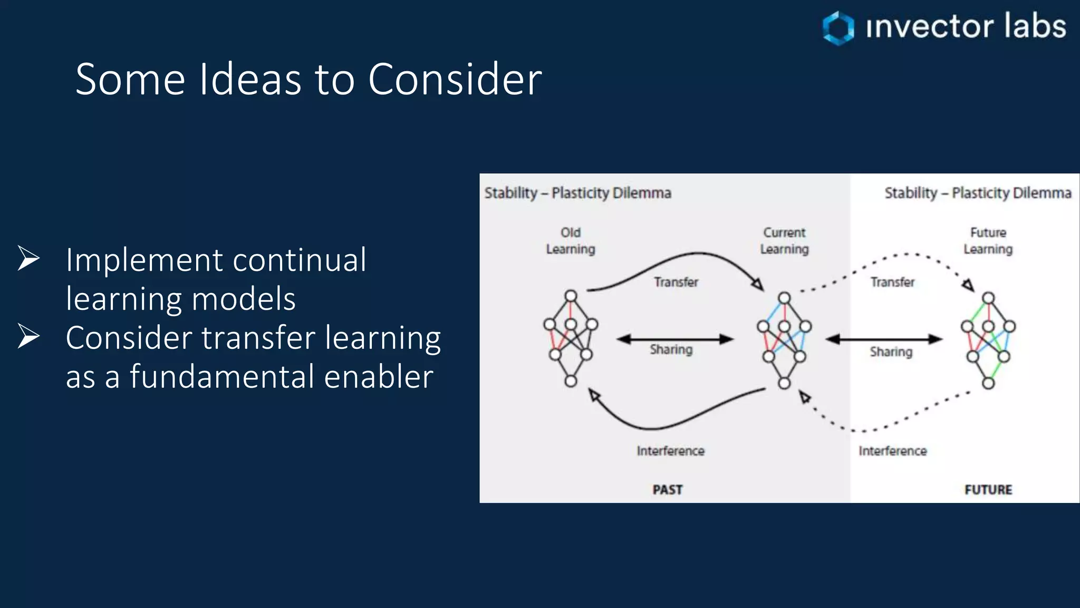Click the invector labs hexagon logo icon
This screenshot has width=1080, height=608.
(x=838, y=27)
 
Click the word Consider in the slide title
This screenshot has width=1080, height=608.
(x=455, y=79)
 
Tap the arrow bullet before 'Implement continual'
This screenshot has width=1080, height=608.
(x=28, y=259)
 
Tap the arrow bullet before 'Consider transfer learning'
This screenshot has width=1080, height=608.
(x=28, y=336)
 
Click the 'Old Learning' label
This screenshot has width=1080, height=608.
(x=571, y=241)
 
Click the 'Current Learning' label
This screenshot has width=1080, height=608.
(x=784, y=241)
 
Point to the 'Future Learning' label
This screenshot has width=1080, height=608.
(x=988, y=241)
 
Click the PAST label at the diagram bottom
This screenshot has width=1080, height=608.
(x=668, y=490)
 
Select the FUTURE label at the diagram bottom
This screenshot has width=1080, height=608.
(x=988, y=490)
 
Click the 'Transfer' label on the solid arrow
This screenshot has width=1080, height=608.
(x=676, y=282)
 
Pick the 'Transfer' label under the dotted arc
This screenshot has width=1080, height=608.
(x=892, y=282)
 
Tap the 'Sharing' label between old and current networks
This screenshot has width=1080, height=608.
(x=671, y=349)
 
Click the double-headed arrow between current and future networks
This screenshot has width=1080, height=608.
(x=884, y=339)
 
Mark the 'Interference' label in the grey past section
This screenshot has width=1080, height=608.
(x=670, y=451)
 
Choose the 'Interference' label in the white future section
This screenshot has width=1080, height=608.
(x=892, y=451)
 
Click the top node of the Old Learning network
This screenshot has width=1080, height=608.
(x=571, y=296)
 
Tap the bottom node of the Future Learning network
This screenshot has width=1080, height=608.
(x=988, y=384)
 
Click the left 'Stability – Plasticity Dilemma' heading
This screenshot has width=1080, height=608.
(x=577, y=193)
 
